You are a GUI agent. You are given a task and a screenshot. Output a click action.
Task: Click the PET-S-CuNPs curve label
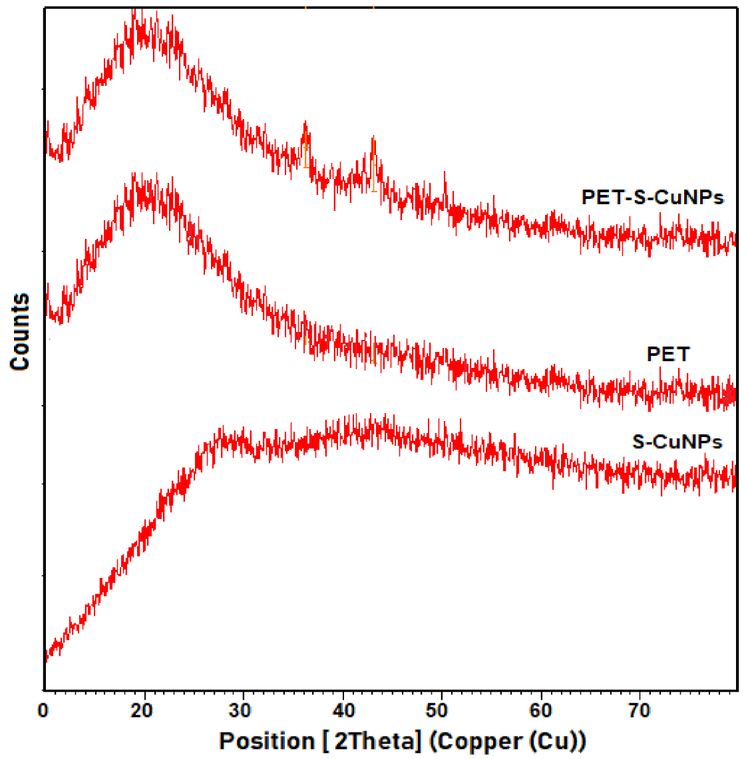(652, 197)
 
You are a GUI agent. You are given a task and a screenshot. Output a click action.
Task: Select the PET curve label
(668, 354)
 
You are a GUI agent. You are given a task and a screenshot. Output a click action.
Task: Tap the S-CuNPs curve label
(677, 442)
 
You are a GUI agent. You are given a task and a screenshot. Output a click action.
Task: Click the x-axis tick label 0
(43, 710)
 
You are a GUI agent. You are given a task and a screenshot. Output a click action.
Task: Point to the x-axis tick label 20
(142, 710)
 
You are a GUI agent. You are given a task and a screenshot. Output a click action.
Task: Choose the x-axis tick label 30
(241, 710)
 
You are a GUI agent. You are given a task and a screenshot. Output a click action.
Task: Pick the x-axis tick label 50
(437, 710)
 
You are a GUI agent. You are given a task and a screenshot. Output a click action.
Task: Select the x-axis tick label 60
(540, 710)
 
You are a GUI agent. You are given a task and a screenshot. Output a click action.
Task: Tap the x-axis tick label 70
(640, 710)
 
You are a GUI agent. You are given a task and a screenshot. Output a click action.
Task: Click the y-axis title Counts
(20, 332)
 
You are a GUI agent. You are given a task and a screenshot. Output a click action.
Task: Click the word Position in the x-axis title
(267, 741)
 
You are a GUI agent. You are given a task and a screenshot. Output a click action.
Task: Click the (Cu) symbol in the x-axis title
(558, 741)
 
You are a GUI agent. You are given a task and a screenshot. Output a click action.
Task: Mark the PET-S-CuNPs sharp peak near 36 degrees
(305, 124)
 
